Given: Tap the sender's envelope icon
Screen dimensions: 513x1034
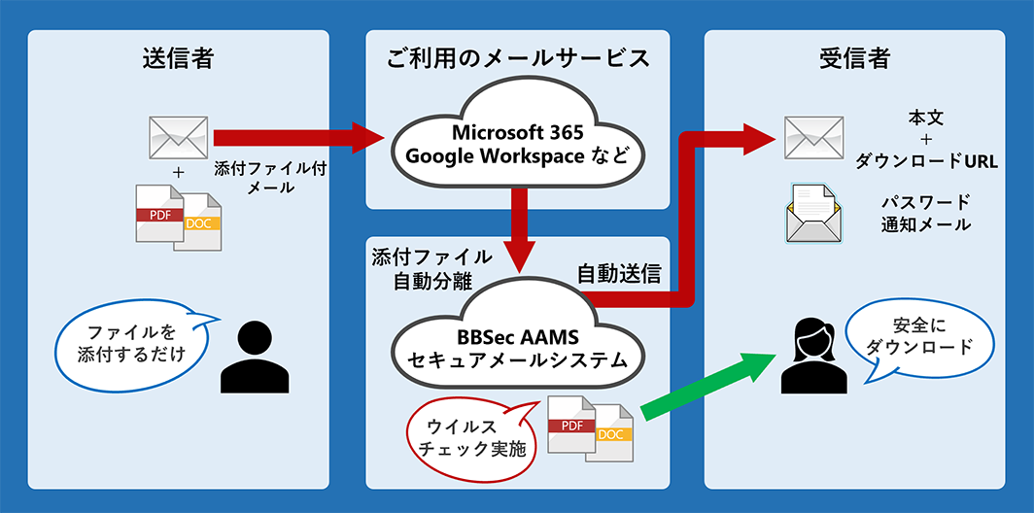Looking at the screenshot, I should click(x=178, y=137).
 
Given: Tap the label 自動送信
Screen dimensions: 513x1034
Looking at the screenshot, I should click(x=619, y=275).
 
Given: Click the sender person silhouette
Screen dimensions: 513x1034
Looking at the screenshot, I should click(x=254, y=356).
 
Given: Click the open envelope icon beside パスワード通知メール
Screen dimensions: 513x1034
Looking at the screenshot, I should click(x=813, y=215).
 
